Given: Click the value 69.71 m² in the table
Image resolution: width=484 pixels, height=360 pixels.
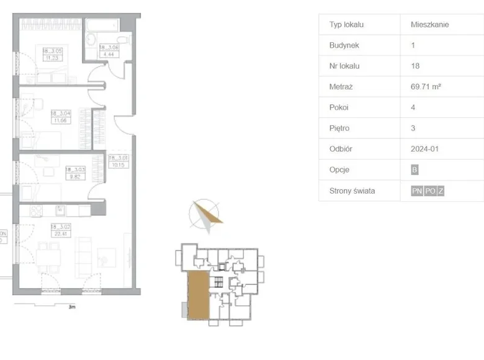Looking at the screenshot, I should (x=426, y=87).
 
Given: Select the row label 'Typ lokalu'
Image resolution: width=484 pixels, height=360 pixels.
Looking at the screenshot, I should (x=346, y=25).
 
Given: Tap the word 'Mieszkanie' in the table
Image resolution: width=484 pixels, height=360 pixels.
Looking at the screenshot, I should (x=429, y=25).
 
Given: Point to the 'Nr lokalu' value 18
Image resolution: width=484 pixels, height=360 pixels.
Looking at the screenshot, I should (x=415, y=66).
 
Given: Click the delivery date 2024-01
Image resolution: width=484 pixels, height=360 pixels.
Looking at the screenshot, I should (x=424, y=149).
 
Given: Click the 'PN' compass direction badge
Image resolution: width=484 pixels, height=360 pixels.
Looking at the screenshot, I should (x=416, y=191).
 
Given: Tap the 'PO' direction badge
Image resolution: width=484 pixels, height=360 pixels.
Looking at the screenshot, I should (x=430, y=191).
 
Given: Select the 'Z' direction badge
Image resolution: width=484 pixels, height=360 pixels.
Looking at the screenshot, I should (x=441, y=191).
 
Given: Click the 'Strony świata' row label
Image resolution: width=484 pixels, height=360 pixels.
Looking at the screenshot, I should (x=352, y=191).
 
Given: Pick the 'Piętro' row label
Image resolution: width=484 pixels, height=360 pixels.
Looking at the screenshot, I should (x=341, y=128).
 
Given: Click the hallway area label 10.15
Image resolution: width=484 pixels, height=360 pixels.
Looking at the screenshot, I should (x=117, y=162).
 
